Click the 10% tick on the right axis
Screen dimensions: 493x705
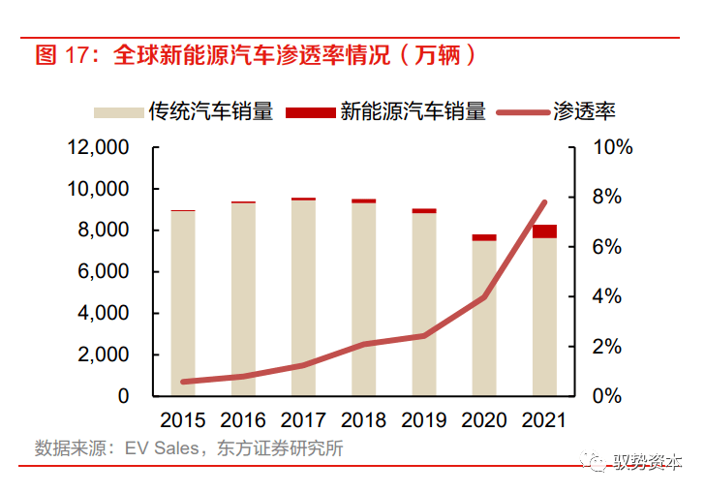[613, 147]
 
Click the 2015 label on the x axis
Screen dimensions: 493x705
[183, 420]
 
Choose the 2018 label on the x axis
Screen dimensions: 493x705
[363, 420]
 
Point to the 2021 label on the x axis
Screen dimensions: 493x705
[544, 420]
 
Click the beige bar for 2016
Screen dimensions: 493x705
[243, 300]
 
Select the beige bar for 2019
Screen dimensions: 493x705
[423, 305]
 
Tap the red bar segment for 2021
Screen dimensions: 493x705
[544, 231]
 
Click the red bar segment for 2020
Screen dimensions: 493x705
[484, 237]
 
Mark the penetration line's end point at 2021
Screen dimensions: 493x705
[544, 202]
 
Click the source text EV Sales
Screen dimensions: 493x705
[161, 448]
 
